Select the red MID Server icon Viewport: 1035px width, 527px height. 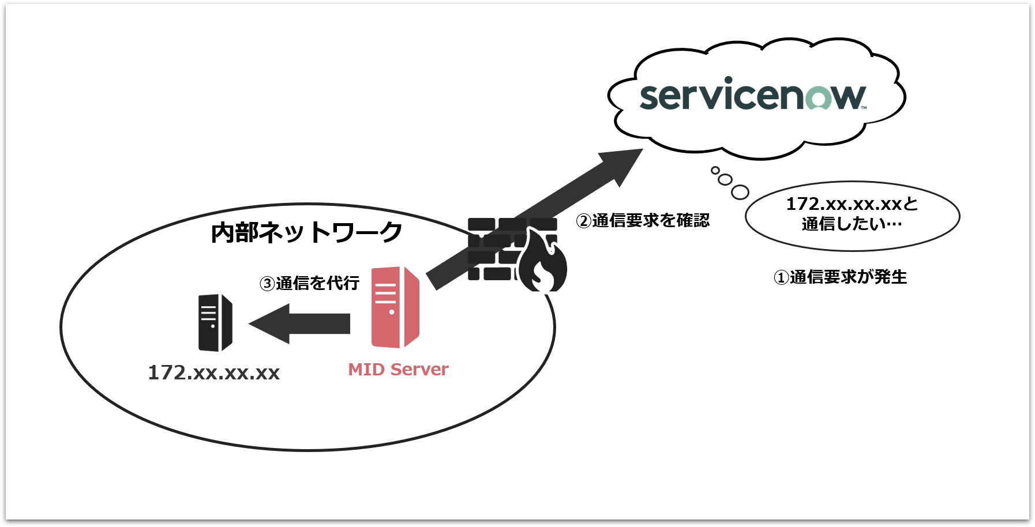395,307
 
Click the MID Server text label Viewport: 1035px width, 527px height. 398,370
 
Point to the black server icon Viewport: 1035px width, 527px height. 215,323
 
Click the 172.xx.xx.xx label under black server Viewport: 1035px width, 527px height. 213,373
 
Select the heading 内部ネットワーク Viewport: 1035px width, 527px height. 306,232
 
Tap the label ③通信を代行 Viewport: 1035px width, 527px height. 310,283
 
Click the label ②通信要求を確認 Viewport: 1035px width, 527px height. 643,221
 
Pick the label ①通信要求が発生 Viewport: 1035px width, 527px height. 840,277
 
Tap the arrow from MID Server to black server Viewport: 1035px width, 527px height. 300,323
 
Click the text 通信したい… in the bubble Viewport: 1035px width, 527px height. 852,224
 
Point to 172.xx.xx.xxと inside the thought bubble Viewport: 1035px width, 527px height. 852,204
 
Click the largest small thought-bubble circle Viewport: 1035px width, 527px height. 740,192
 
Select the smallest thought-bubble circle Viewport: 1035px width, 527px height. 715,170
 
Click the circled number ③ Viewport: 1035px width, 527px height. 267,284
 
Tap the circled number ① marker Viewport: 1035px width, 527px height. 781,278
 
